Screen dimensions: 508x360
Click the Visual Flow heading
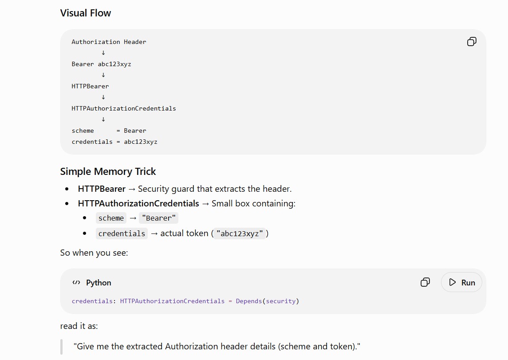(86, 13)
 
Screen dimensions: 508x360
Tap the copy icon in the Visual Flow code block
(472, 41)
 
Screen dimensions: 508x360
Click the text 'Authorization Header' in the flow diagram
(109, 42)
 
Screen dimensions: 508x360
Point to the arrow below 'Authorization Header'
(103, 53)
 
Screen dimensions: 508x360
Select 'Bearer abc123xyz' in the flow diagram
(102, 64)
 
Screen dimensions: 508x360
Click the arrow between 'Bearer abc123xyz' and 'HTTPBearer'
(103, 75)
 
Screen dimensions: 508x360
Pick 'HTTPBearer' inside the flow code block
(91, 86)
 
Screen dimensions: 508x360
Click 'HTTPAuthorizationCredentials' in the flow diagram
(124, 109)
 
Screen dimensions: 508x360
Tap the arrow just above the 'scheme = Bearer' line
(103, 119)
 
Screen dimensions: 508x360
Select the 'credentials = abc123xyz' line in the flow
(114, 142)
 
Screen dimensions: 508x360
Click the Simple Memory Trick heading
(108, 171)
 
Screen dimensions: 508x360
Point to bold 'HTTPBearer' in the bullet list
(102, 189)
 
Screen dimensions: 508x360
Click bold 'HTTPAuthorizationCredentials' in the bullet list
(138, 203)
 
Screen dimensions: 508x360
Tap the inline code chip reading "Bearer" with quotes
(159, 218)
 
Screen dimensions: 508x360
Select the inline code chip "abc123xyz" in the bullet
(240, 233)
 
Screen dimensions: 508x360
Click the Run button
(461, 283)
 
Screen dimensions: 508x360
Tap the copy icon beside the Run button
(425, 282)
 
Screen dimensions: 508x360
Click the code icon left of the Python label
(76, 283)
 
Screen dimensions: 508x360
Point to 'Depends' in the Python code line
(249, 301)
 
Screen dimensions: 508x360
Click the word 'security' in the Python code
(280, 301)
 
